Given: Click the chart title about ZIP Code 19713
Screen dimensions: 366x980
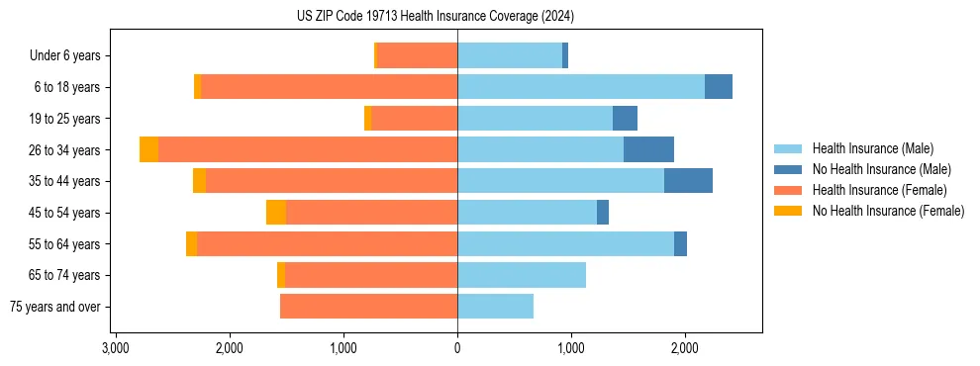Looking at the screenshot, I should click(x=436, y=17).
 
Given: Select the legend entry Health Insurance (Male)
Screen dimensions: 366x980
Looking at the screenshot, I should click(x=872, y=148).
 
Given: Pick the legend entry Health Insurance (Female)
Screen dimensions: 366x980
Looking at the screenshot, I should click(x=879, y=190).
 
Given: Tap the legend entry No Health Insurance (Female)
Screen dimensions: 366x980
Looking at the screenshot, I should click(x=888, y=211).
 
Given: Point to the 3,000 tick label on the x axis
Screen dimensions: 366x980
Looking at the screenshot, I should click(x=116, y=348).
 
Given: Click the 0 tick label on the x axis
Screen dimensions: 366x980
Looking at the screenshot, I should click(x=457, y=348).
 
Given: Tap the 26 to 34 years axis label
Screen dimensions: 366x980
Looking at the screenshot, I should click(x=66, y=149).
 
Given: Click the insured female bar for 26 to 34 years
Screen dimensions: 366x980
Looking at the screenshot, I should click(x=307, y=149).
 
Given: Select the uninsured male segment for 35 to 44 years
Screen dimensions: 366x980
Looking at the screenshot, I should click(x=688, y=181).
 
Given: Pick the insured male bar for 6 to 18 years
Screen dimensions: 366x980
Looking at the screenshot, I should click(x=581, y=87).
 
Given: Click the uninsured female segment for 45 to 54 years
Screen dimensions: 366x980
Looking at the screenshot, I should click(x=276, y=213).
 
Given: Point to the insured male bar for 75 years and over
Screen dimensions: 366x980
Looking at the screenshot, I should click(x=495, y=307).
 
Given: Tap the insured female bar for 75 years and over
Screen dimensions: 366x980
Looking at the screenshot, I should click(x=368, y=307).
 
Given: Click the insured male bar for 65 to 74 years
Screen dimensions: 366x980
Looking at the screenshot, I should click(x=522, y=275).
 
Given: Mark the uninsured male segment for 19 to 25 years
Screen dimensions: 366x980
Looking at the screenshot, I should click(x=625, y=119).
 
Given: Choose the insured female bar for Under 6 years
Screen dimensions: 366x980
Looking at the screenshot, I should click(x=417, y=55).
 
